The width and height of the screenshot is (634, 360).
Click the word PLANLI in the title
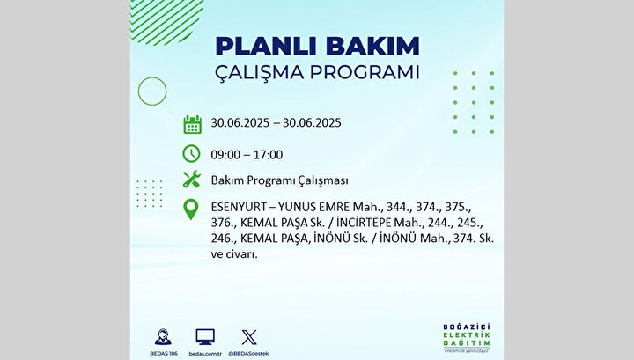click(x=268, y=47)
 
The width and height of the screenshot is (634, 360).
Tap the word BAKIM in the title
click(x=372, y=47)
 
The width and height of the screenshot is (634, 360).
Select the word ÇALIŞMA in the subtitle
click(x=259, y=73)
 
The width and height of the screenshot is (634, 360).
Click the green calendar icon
click(x=193, y=124)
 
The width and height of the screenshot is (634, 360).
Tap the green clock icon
click(x=191, y=153)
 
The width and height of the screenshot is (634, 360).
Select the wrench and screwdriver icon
click(x=192, y=180)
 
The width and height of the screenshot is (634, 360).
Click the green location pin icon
click(x=191, y=209)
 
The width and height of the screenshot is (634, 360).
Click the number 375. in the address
click(x=458, y=207)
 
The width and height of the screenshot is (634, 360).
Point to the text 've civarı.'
click(x=234, y=254)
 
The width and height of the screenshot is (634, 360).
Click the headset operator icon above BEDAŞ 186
click(x=163, y=337)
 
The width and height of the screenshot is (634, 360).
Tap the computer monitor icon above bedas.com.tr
click(x=205, y=337)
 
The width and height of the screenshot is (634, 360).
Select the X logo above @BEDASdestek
click(x=248, y=337)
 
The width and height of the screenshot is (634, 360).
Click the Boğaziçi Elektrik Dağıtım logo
click(x=466, y=338)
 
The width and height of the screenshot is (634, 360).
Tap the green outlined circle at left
click(x=138, y=92)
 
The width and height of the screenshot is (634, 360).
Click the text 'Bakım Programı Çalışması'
click(x=279, y=180)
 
